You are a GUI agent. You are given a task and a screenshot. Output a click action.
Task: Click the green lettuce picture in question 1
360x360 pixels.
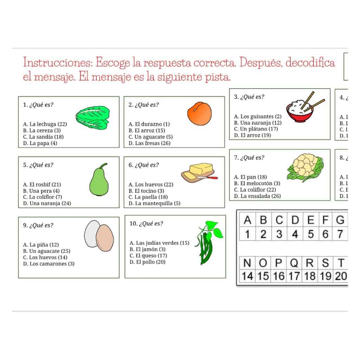point(93,116)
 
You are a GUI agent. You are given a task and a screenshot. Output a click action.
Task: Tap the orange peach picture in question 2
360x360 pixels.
point(199,113)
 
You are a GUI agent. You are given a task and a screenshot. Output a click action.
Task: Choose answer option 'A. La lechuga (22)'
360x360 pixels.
point(45,124)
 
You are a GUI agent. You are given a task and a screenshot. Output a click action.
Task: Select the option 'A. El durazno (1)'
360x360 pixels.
point(149,124)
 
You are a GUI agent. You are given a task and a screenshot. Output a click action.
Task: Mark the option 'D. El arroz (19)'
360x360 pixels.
point(252,135)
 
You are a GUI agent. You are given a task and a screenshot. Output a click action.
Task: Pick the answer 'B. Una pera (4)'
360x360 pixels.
point(41,191)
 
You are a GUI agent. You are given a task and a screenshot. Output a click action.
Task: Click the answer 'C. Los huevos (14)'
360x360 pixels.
point(45,257)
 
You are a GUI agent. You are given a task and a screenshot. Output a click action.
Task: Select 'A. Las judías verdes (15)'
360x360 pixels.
point(159,243)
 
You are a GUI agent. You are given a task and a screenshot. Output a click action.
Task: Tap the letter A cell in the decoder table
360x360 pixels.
point(247,220)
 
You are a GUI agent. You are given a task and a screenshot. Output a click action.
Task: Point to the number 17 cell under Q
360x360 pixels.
point(294,276)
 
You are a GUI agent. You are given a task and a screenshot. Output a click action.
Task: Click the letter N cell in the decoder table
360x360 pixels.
point(247,263)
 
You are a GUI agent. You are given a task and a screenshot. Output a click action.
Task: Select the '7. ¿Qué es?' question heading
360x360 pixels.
point(249,158)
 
